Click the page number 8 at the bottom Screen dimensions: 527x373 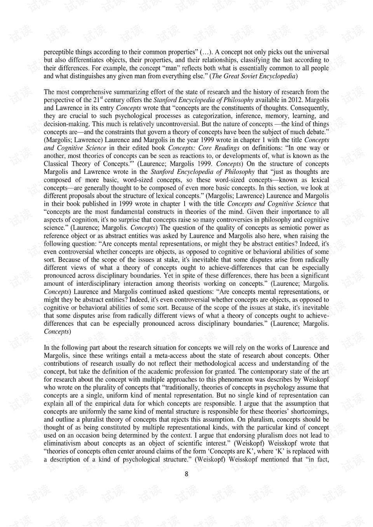(x=186, y=474)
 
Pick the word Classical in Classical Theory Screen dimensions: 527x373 (x=56, y=164)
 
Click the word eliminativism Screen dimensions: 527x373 (x=63, y=444)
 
